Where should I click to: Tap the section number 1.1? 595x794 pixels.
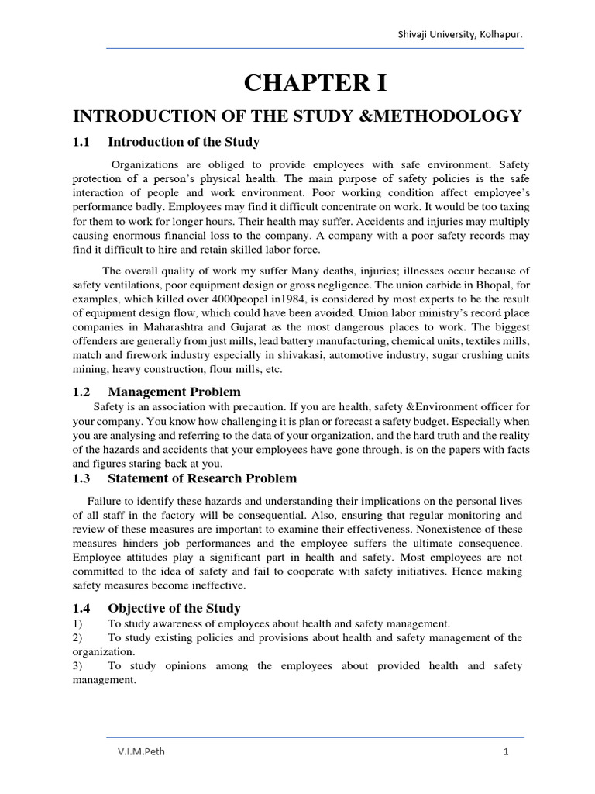coord(82,142)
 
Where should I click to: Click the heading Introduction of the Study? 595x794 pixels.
coord(184,142)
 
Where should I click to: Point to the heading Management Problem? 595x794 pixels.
coord(174,392)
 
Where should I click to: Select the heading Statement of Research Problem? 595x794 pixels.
coord(202,478)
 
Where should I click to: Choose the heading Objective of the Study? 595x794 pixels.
coord(174,608)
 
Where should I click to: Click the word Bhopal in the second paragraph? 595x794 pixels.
coord(488,285)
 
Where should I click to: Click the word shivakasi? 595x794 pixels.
coord(297,355)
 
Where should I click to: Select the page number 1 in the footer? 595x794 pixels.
coord(505,752)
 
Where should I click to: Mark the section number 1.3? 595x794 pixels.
coord(82,478)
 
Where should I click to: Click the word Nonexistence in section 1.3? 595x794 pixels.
coord(487,529)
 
